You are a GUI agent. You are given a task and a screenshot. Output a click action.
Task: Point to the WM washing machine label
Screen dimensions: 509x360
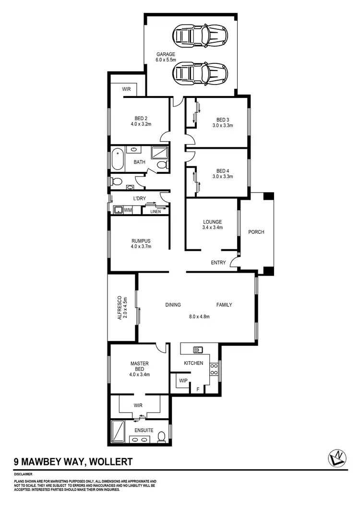(128, 210)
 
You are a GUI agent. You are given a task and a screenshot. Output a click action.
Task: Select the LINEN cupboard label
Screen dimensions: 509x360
(156, 211)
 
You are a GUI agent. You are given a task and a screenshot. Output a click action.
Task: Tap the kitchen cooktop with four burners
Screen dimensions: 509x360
(214, 369)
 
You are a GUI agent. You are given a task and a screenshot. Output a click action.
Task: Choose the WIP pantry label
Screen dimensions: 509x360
(183, 380)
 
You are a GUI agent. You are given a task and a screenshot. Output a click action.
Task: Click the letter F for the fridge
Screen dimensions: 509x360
(197, 389)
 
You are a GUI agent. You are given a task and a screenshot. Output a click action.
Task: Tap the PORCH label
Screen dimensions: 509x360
(256, 232)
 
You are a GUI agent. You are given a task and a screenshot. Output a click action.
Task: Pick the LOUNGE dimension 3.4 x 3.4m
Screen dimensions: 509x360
(213, 228)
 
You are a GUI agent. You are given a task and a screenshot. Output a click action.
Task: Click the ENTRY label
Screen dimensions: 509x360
(218, 263)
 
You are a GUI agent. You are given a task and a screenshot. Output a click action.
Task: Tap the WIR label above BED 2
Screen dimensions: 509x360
(127, 89)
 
